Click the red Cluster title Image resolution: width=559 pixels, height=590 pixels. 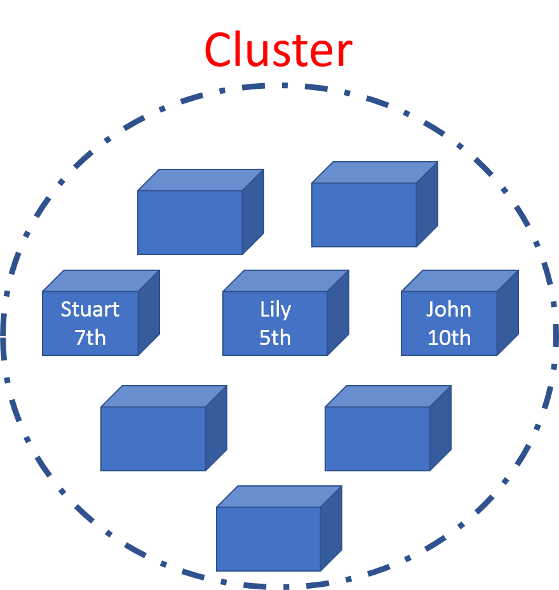pos(278,51)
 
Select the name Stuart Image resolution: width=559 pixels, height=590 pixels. pos(90,310)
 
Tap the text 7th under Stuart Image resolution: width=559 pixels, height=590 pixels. pos(90,338)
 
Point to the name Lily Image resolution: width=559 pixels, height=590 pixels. pos(276,310)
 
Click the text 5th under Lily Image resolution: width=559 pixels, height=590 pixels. pos(275,338)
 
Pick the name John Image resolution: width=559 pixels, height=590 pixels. pos(448,310)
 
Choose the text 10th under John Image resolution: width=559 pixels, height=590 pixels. pos(448,338)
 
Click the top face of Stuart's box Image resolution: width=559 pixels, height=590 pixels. pos(101,281)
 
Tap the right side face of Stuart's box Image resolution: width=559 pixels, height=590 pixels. pos(149,312)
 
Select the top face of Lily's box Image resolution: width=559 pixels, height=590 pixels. pos(286,281)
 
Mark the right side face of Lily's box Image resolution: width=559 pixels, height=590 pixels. pos(338,312)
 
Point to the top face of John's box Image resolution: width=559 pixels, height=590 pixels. pos(460,281)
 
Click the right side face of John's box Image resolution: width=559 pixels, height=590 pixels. pos(508,312)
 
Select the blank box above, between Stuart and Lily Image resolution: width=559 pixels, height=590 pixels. pos(191,222)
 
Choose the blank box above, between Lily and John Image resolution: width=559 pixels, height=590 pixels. pos(364,214)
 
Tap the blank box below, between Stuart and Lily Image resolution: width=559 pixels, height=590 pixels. pos(153,438)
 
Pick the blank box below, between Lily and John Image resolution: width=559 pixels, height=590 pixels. pos(377,438)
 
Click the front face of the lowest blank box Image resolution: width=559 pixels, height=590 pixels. pos(268,539)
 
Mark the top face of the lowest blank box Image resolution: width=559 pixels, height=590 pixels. pos(279,497)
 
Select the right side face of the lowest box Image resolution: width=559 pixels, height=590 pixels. pos(331,528)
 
